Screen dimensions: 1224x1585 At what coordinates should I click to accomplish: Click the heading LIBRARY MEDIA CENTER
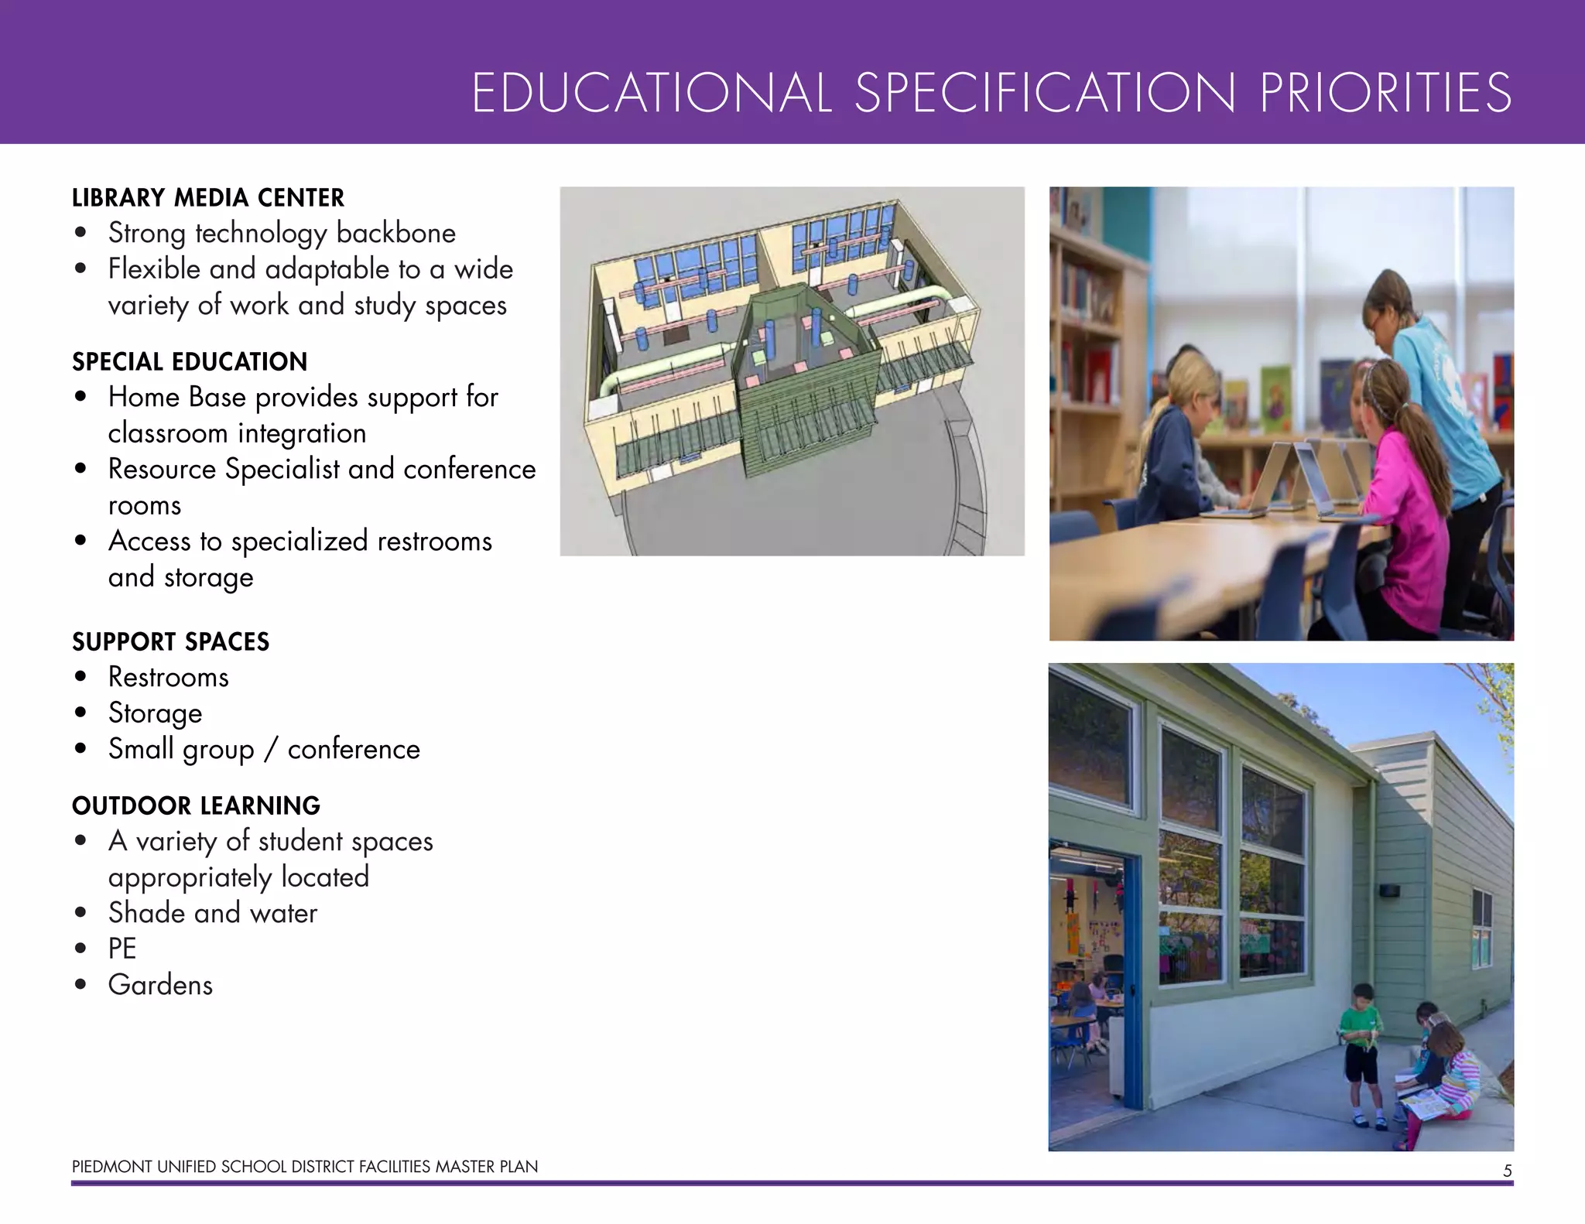207,198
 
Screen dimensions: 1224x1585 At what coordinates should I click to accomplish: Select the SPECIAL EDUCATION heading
190,362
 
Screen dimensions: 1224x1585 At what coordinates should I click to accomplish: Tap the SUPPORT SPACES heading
170,642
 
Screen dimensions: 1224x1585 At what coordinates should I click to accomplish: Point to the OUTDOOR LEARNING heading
196,806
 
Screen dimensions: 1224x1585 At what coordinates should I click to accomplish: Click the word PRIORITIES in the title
1385,94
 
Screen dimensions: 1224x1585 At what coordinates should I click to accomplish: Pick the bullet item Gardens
160,985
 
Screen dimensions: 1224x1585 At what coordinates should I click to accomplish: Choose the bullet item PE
122,949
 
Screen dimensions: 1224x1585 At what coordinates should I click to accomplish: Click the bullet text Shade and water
213,913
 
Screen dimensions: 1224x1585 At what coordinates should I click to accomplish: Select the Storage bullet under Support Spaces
155,713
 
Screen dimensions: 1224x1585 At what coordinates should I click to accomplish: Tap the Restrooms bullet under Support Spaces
168,678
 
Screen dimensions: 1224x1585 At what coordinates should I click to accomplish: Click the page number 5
1507,1171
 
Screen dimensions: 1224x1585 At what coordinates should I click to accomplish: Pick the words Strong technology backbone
282,234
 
